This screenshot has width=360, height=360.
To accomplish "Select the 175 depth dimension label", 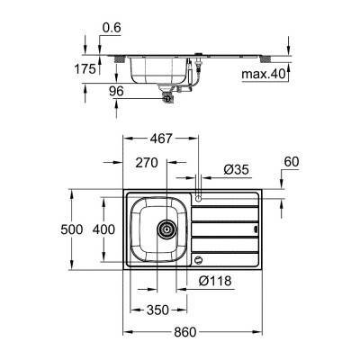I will point(85,67).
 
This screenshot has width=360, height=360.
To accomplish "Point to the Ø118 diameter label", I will point(215,281).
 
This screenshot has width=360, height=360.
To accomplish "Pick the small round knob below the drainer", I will point(198,259).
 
